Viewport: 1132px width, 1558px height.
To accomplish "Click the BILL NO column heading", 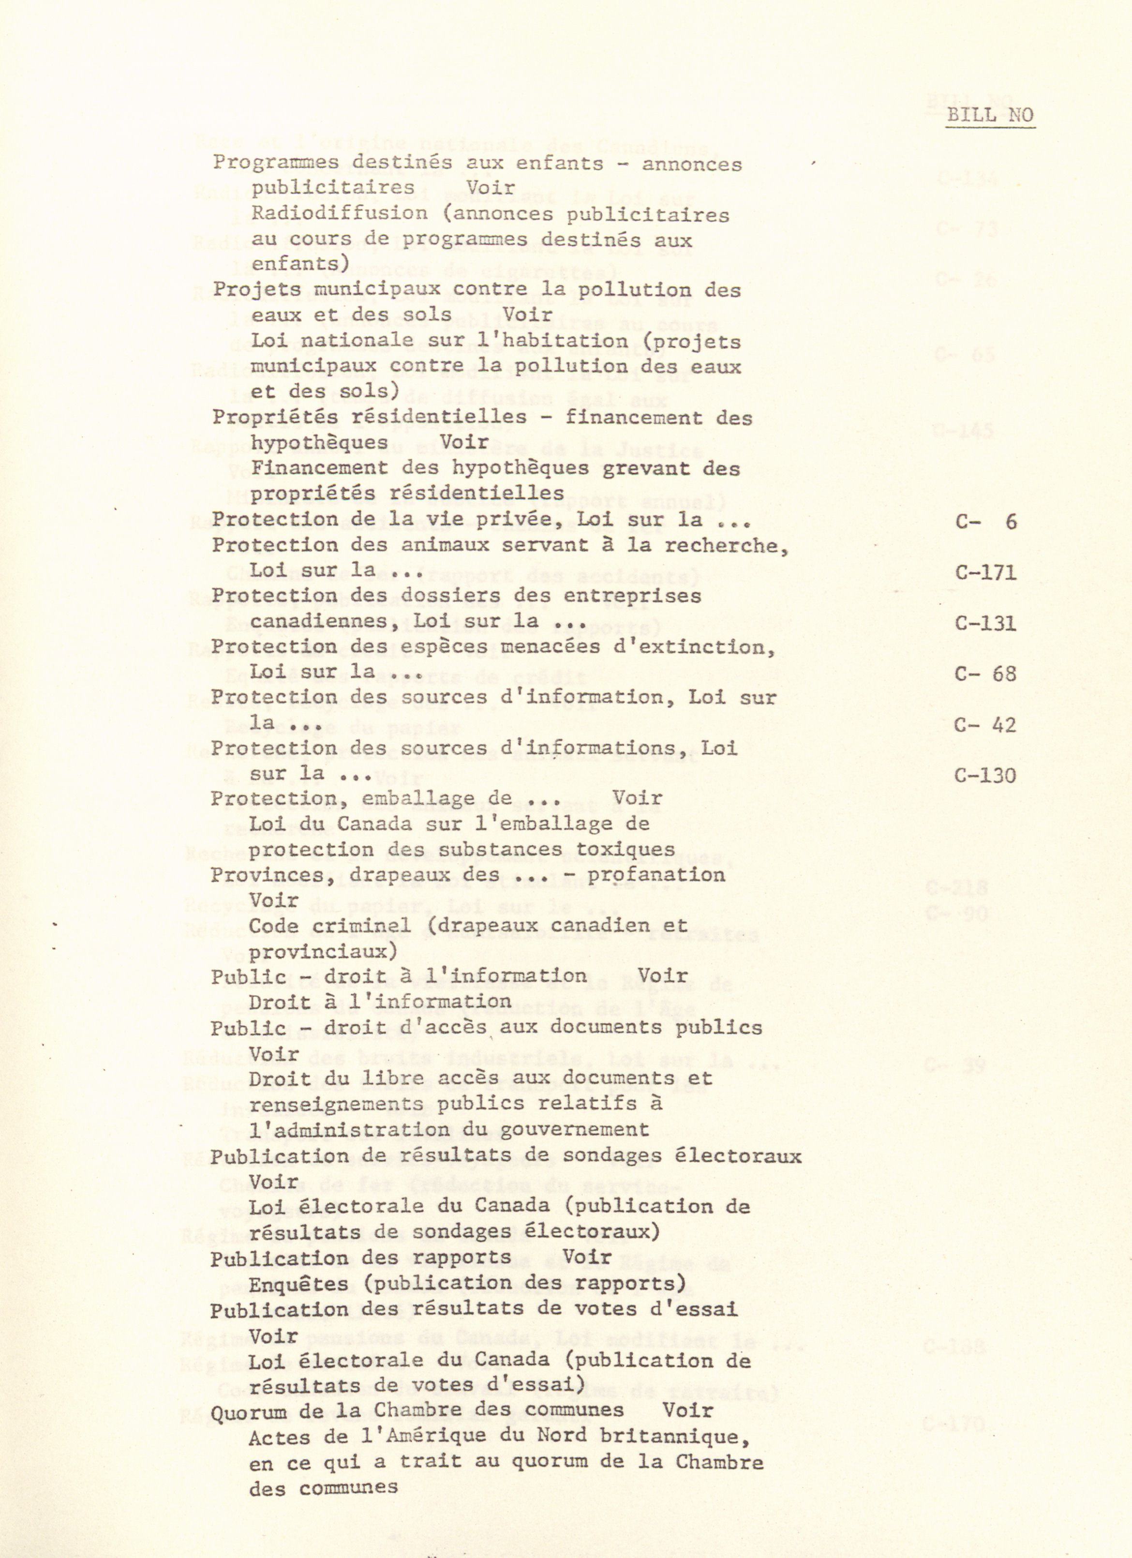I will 990,115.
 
